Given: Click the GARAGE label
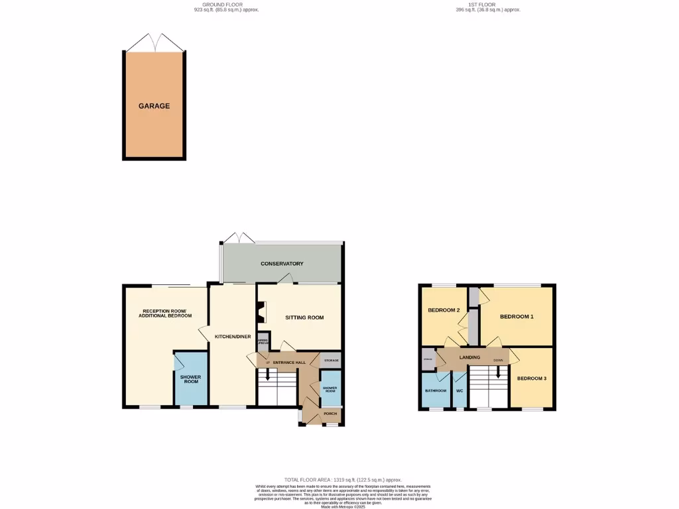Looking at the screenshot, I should [x=154, y=106].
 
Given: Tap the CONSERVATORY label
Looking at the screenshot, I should [x=282, y=264].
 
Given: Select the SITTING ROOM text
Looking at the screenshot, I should [x=304, y=317].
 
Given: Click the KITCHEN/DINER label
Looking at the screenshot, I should [x=232, y=337].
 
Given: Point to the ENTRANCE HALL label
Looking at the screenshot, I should [x=290, y=363].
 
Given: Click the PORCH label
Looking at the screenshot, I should [x=330, y=414].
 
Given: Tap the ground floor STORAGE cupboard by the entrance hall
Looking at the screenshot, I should [x=331, y=361].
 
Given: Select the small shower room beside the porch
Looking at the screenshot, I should [x=330, y=389].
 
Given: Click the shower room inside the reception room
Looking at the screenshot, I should [x=190, y=379].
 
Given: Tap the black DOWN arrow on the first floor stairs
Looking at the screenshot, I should [x=498, y=373].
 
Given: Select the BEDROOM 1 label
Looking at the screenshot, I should [x=517, y=317].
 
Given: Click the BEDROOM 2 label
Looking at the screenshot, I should [x=444, y=310].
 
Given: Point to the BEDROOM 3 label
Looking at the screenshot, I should [x=532, y=378].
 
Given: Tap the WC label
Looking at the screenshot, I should [x=460, y=390].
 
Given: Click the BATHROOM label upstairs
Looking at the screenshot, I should [x=435, y=390].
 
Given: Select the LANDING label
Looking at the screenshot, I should [x=470, y=357].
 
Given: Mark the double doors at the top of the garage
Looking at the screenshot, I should [x=154, y=42].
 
